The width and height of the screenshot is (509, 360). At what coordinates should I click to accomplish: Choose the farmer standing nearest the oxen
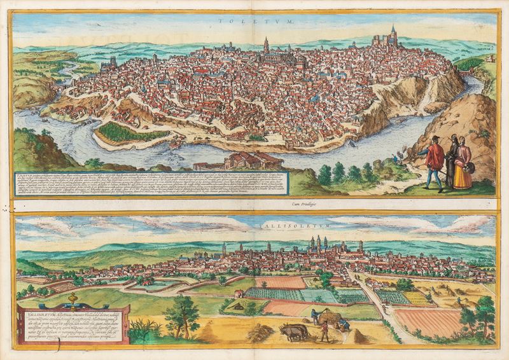tap(325, 331)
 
